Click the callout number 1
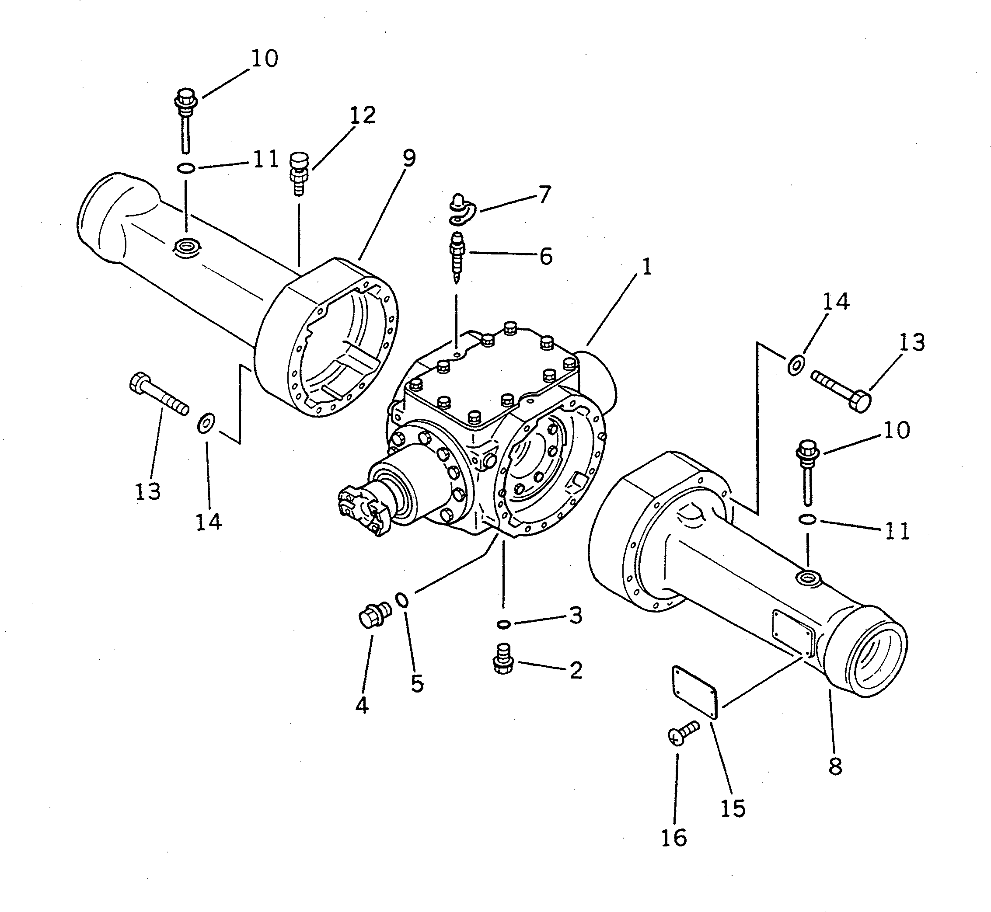pyautogui.click(x=646, y=267)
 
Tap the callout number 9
pyautogui.click(x=409, y=158)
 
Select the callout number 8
pyautogui.click(x=835, y=767)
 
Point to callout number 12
pyautogui.click(x=363, y=115)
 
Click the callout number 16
pyautogui.click(x=673, y=838)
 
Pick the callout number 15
pyautogui.click(x=733, y=808)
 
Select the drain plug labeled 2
pyautogui.click(x=503, y=658)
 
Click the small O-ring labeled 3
pyautogui.click(x=503, y=624)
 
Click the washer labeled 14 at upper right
pyautogui.click(x=795, y=365)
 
